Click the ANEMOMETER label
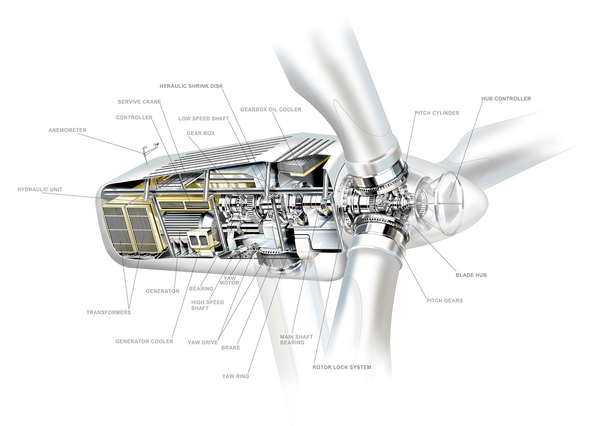pyautogui.click(x=67, y=130)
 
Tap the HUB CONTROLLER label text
pyautogui.click(x=506, y=99)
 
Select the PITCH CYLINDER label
pyautogui.click(x=437, y=113)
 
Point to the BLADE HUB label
pyautogui.click(x=471, y=275)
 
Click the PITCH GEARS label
pyautogui.click(x=444, y=301)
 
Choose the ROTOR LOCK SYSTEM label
pyautogui.click(x=342, y=367)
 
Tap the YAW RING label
pyautogui.click(x=235, y=376)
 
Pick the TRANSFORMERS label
pyautogui.click(x=109, y=313)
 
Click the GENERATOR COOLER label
pyautogui.click(x=144, y=342)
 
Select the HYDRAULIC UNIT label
pyautogui.click(x=40, y=190)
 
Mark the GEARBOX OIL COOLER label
pyautogui.click(x=271, y=110)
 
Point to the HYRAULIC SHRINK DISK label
pyautogui.click(x=191, y=86)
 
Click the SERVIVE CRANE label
pyautogui.click(x=139, y=102)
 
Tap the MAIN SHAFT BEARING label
pyautogui.click(x=296, y=340)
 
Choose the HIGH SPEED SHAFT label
pyautogui.click(x=207, y=305)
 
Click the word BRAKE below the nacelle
pyautogui.click(x=231, y=348)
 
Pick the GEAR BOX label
pyautogui.click(x=200, y=133)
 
